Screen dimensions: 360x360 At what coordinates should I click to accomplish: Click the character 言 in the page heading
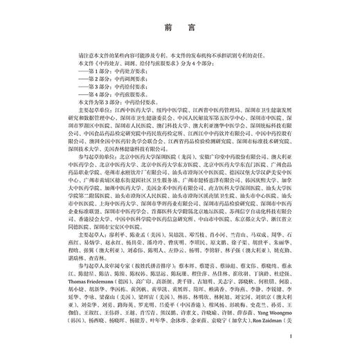point(190,28)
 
